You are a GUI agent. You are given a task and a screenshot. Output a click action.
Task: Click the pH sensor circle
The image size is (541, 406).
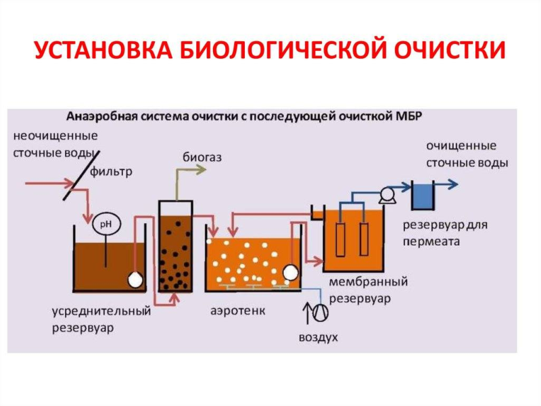click(107, 225)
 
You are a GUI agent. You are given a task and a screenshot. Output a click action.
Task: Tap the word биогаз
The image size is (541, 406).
click(202, 158)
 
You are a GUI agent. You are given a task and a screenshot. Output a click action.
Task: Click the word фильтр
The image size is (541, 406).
click(111, 172)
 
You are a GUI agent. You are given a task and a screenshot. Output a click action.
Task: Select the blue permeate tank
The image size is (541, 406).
click(423, 196)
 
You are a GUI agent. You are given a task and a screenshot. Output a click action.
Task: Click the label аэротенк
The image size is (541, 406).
click(238, 311)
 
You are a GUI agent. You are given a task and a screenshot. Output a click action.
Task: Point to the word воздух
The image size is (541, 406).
click(318, 337)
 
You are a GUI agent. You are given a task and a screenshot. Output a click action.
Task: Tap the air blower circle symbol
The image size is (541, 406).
click(320, 312)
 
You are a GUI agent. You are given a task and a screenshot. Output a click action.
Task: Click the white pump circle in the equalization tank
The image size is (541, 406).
click(135, 279)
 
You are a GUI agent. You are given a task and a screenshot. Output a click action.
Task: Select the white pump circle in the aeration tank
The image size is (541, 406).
click(291, 273)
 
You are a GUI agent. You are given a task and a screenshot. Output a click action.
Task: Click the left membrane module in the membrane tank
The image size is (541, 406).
click(340, 240)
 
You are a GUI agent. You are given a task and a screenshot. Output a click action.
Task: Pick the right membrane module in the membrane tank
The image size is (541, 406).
click(364, 239)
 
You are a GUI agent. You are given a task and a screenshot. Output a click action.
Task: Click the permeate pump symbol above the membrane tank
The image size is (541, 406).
click(387, 195)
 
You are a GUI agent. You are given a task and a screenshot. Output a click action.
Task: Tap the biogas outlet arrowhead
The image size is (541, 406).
click(201, 170)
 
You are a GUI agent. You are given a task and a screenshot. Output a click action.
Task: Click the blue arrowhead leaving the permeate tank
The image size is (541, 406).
click(452, 185)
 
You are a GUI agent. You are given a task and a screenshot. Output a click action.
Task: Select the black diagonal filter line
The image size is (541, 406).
click(82, 175)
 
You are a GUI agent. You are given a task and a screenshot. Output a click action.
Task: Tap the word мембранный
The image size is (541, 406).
click(368, 281)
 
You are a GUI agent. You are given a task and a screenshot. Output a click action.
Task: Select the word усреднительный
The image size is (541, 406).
click(101, 311)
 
